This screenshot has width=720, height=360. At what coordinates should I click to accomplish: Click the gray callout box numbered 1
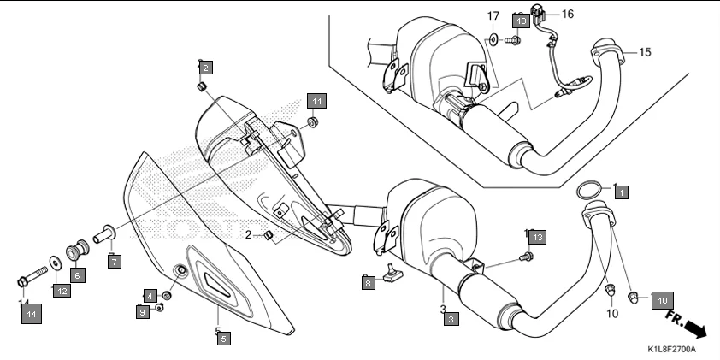click(621, 192)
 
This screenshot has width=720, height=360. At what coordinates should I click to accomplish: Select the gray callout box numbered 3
click(451, 319)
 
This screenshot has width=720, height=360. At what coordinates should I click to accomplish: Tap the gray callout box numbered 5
click(222, 339)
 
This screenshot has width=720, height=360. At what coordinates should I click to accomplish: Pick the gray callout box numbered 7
click(114, 262)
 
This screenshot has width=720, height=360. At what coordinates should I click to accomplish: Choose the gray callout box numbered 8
click(368, 281)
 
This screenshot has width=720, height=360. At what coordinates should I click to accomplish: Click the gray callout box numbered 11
click(316, 102)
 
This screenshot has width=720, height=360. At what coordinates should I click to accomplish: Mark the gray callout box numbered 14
click(31, 315)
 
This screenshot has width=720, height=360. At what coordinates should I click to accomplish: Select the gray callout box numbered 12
click(62, 292)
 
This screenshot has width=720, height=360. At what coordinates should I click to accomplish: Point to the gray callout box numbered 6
click(77, 275)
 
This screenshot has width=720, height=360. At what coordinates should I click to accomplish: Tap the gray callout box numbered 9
click(143, 313)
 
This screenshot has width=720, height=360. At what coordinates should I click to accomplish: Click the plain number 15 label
click(644, 52)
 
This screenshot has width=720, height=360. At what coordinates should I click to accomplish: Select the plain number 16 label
click(568, 14)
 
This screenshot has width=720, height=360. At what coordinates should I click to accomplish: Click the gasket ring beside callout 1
click(589, 189)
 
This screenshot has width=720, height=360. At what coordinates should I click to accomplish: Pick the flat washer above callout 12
click(56, 261)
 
